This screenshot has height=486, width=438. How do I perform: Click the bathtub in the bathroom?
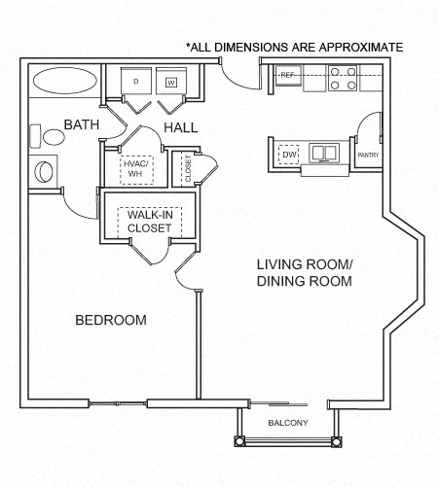click(62, 81)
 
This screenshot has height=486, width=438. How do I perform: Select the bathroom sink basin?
click(46, 172)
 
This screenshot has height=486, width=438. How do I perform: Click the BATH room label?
click(82, 124)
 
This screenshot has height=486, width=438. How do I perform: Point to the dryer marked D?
click(135, 83)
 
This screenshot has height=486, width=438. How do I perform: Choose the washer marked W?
click(170, 83)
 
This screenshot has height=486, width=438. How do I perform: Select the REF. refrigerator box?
click(289, 75)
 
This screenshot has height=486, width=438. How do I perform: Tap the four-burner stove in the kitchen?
click(341, 78)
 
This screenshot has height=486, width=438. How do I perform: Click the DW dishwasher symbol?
click(288, 154)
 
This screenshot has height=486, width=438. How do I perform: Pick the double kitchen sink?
click(322, 153)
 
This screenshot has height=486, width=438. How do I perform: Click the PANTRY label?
click(368, 155)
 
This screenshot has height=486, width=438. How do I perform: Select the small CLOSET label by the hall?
click(188, 168)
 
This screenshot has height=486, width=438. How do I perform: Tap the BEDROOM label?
click(111, 320)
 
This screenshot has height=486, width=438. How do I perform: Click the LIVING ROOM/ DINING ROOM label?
click(304, 272)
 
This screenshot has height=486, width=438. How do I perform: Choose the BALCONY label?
click(287, 422)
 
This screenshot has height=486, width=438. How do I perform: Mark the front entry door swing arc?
click(235, 73)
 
